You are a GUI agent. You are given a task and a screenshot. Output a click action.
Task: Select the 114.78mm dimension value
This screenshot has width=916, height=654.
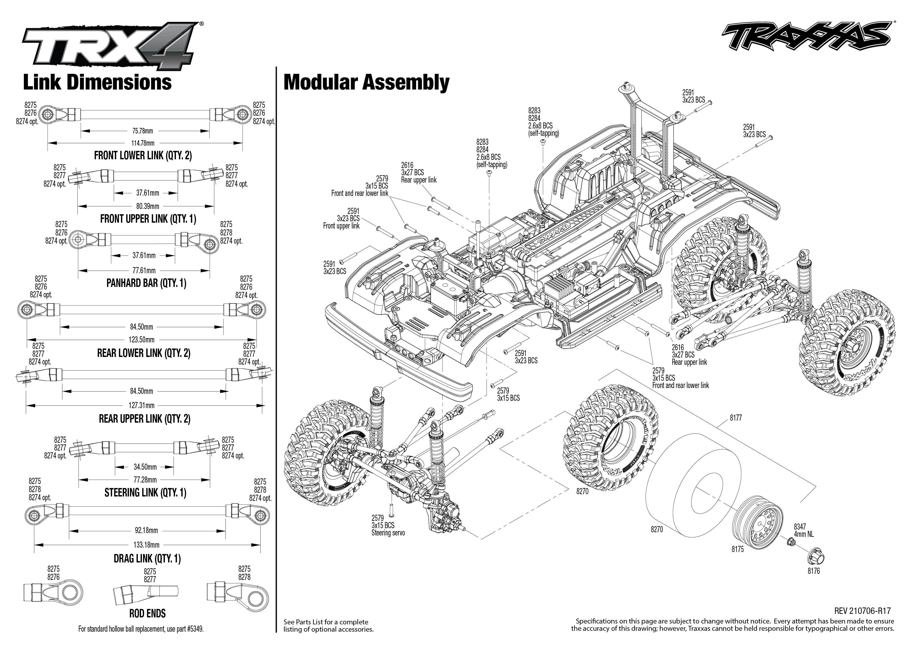[x=143, y=143]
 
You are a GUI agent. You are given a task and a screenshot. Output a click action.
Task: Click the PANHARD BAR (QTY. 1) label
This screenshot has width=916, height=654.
[x=146, y=283]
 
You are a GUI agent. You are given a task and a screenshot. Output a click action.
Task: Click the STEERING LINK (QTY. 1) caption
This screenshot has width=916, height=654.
[x=145, y=492]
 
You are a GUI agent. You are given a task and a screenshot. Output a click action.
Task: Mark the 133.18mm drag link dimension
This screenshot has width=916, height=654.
[x=146, y=545]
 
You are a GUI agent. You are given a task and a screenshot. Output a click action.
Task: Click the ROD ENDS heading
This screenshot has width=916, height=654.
[x=147, y=613]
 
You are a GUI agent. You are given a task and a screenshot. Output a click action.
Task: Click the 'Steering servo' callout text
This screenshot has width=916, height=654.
[x=388, y=533]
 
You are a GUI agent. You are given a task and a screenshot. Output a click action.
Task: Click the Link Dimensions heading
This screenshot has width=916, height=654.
[x=97, y=83]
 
